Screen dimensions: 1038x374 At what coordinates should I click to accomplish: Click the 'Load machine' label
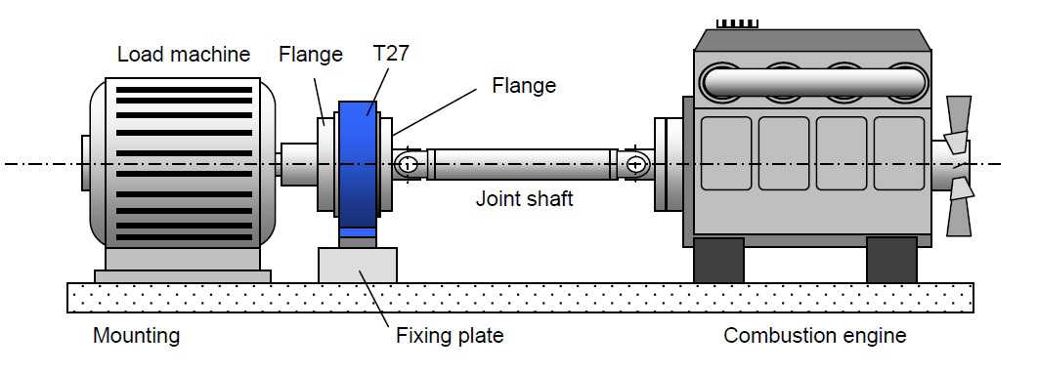184,54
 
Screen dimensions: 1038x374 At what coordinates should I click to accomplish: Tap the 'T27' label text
391,54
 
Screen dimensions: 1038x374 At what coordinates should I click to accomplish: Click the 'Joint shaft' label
524,198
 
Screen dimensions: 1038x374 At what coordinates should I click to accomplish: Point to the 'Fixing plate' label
450,336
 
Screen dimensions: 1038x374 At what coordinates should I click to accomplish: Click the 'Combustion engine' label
814,336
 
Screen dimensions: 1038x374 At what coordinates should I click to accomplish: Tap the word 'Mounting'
137,336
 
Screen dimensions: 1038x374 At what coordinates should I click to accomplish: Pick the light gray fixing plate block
358,265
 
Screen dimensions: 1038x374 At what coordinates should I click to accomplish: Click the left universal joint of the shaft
409,163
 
